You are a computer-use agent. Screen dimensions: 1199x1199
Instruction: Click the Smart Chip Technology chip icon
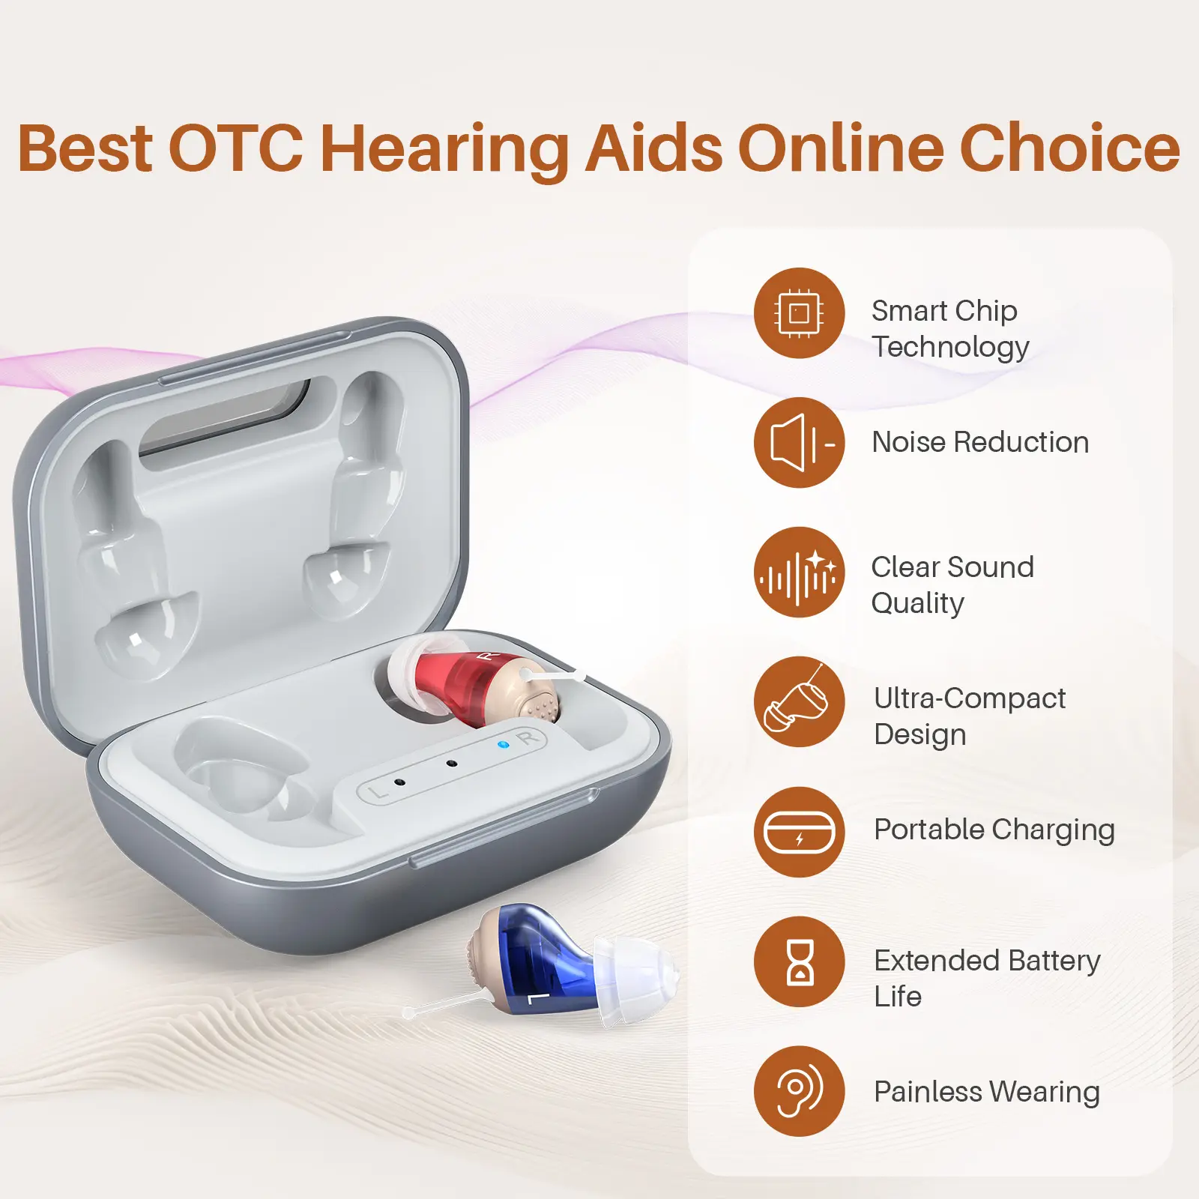tap(800, 312)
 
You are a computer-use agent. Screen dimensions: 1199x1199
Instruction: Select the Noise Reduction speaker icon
tap(800, 442)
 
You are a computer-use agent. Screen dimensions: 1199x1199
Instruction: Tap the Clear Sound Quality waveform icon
tap(800, 573)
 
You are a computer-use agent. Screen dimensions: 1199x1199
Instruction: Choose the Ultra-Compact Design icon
tap(800, 702)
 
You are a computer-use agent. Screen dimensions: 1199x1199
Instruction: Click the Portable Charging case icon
tap(800, 832)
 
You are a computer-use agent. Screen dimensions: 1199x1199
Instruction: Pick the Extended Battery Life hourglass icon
tap(800, 961)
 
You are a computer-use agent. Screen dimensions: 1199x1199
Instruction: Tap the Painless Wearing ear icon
tap(800, 1091)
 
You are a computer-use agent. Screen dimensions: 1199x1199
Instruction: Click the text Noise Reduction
tap(980, 442)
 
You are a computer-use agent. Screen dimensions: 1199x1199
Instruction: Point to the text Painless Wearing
tap(987, 1093)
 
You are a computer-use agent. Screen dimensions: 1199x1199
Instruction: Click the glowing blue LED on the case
tap(504, 745)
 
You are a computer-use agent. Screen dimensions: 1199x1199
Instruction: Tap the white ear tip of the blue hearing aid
tap(637, 973)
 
